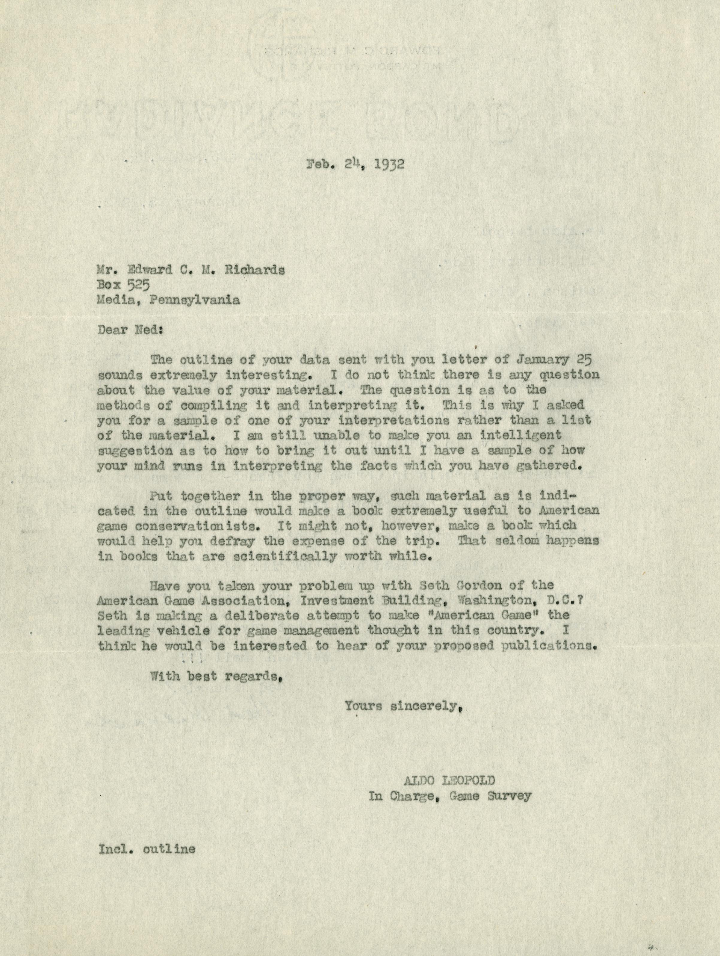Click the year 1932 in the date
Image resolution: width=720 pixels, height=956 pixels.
pyautogui.click(x=387, y=165)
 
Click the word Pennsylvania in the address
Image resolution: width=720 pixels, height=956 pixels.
pyautogui.click(x=194, y=300)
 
